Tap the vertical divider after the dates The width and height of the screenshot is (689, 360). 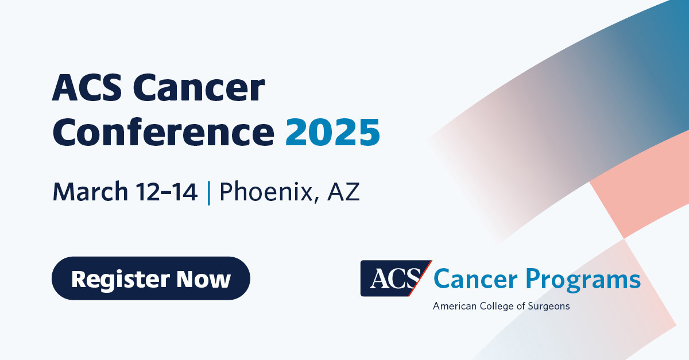pos(208,192)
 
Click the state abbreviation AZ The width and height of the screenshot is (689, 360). pos(343,192)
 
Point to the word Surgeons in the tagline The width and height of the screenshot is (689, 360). pos(548,306)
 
